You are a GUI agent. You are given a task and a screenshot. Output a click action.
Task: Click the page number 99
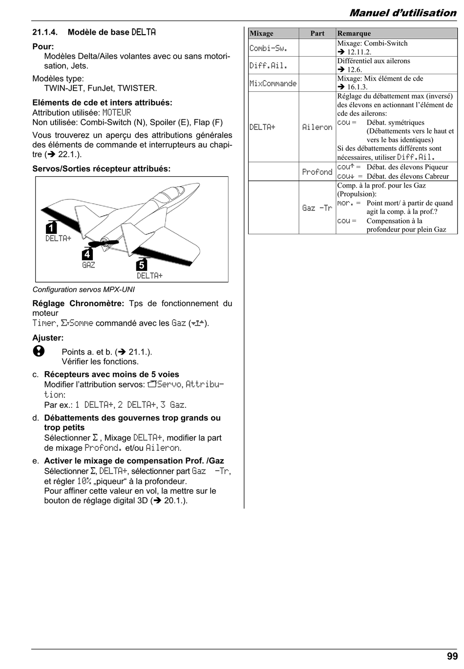pos(452,656)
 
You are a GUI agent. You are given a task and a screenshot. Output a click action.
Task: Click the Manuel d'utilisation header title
pos(403,13)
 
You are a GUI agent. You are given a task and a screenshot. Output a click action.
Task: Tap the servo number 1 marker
pos(51,228)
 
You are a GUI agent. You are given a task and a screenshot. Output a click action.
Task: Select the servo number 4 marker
pos(87,254)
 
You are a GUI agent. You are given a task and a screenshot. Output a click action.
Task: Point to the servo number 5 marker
pos(141,264)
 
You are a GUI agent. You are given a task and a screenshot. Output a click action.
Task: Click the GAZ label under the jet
pos(88,265)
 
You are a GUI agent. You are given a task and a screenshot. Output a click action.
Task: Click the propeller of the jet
pos(104,243)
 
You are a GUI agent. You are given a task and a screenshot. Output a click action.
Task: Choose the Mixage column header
pos(261,33)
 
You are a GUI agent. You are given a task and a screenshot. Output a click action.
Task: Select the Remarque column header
pos(354,33)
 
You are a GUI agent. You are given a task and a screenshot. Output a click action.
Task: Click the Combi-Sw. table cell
pos(268,48)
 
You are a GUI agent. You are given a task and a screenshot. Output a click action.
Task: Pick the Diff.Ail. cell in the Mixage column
pos(268,65)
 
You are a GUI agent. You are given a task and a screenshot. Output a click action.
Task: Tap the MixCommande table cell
pos(273,84)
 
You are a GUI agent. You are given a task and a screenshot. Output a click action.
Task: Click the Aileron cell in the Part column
pos(317,127)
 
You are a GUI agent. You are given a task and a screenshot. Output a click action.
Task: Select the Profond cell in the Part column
pos(317,172)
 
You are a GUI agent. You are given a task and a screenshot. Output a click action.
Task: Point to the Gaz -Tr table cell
pos(317,208)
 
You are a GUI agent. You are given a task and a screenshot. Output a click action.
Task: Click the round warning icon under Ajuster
pos(39,351)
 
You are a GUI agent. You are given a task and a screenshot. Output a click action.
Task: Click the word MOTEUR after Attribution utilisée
pos(117,113)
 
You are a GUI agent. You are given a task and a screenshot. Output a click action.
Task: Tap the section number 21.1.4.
pos(45,32)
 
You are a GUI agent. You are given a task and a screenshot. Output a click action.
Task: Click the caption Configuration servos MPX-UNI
pos(84,290)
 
